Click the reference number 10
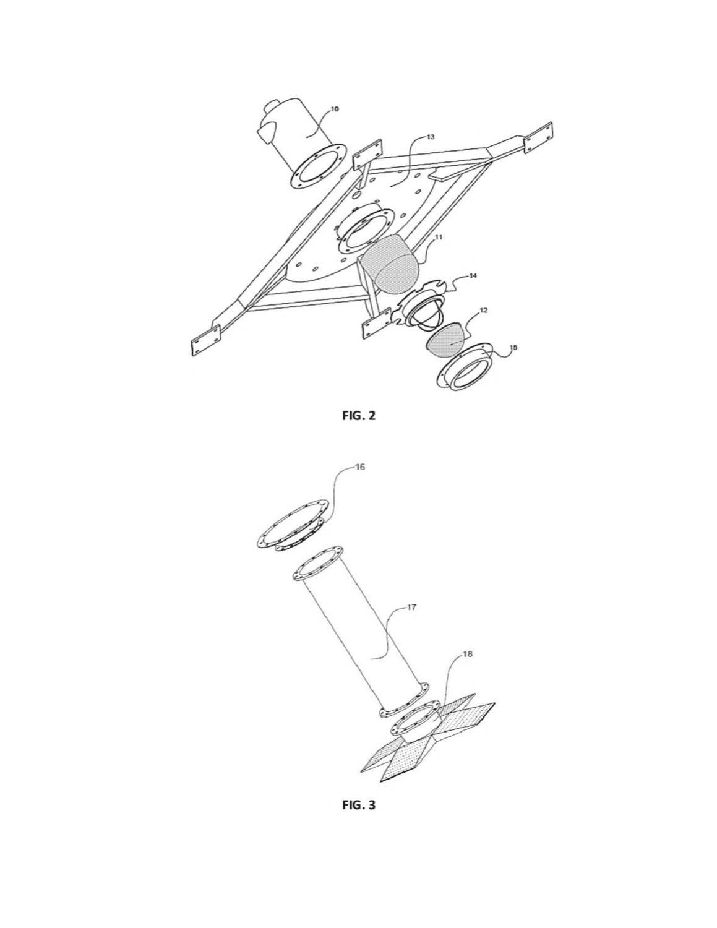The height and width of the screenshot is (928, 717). (x=334, y=109)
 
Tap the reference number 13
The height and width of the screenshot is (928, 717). (x=431, y=137)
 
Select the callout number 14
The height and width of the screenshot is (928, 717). (x=473, y=276)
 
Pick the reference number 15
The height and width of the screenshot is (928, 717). (x=513, y=347)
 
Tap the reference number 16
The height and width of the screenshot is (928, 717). (x=360, y=467)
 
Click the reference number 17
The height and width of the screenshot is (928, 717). (x=411, y=607)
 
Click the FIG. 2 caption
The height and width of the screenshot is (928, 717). (x=359, y=416)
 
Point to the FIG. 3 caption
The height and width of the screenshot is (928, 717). (x=359, y=805)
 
